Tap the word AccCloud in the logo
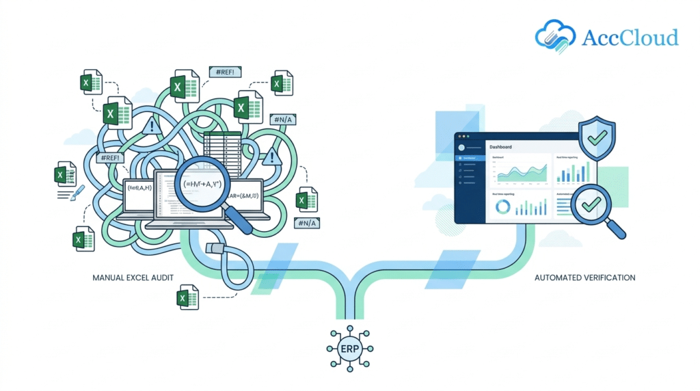[630, 38]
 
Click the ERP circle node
[350, 349]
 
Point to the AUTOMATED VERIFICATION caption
[585, 278]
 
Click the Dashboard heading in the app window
[501, 147]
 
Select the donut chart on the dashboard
[502, 207]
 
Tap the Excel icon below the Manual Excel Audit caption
[185, 299]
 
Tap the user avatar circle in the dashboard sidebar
[462, 147]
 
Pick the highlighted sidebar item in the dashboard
[470, 158]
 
